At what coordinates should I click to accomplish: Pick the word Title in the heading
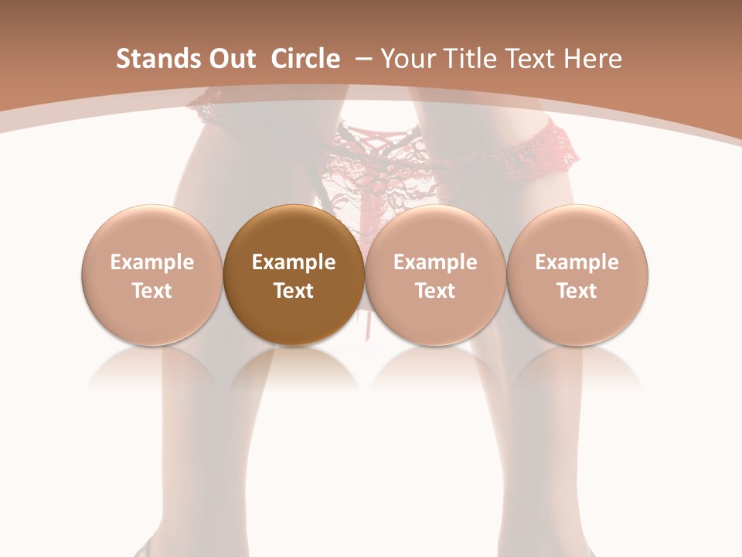[x=466, y=59]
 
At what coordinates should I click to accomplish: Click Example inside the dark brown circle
[x=294, y=262]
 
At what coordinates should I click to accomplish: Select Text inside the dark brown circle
[x=294, y=291]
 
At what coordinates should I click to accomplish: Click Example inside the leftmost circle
[x=152, y=262]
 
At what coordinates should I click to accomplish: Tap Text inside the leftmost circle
[x=152, y=291]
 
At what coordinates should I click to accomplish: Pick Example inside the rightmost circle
[x=577, y=262]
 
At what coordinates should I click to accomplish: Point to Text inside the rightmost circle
[x=577, y=291]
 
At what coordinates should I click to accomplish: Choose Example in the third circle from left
[x=435, y=262]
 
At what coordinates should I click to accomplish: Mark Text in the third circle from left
[x=435, y=291]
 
